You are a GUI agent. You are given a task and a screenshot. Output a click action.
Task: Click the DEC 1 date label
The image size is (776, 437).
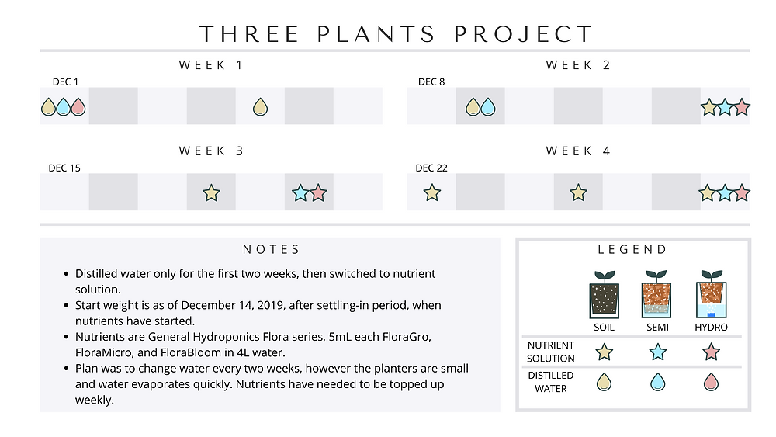pos(65,82)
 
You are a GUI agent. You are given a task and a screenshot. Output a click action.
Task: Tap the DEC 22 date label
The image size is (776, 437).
pos(431,168)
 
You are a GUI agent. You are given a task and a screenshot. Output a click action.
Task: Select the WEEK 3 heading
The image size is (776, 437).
pos(211,151)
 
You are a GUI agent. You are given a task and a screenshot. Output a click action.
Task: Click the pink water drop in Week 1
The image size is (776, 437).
pos(78,107)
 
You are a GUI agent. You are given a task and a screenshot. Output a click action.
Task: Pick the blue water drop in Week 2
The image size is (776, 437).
pos(488,107)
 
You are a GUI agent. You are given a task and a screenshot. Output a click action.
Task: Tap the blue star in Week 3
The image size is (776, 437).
pos(300,193)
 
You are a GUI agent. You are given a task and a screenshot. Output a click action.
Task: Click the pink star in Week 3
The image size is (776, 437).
pos(318,193)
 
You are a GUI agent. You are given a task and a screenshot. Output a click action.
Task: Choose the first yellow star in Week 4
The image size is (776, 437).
pos(432,192)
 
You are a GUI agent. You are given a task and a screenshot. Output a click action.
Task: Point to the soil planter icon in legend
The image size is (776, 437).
pos(605,294)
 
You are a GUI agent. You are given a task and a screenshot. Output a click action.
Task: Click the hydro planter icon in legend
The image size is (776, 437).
pos(711,294)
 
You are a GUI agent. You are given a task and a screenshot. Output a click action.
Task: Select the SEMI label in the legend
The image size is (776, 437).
pos(658,327)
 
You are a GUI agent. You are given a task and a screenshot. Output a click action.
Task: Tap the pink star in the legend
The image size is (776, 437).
pos(711,352)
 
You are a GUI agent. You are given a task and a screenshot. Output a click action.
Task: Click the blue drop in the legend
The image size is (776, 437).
pos(658,382)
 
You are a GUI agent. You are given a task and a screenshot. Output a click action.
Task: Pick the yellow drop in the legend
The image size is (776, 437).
pos(605,382)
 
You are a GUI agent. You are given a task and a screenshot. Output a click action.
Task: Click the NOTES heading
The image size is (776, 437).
pos(271,249)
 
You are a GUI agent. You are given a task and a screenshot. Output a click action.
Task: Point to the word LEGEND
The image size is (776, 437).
pos(632,249)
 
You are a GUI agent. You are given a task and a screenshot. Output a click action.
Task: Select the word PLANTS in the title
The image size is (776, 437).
pos(376,34)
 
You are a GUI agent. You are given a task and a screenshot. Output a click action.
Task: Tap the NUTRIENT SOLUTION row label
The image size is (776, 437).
pos(551,352)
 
